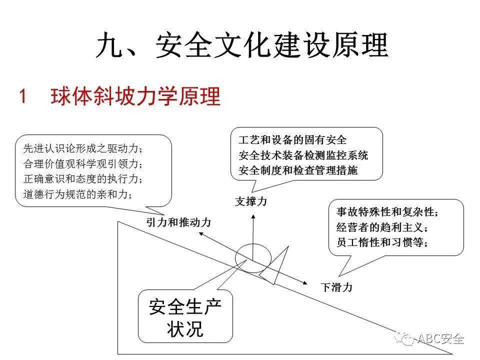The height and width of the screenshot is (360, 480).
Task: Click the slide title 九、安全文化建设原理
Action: click(242, 45)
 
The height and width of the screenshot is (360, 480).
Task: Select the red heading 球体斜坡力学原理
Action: click(135, 96)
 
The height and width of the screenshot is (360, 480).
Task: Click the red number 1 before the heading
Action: click(22, 96)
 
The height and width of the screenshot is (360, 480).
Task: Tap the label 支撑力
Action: click(251, 201)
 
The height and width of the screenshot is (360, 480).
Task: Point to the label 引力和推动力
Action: click(179, 222)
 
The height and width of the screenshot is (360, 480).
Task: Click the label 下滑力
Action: click(336, 287)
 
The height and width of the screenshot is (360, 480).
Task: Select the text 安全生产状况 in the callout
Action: click(185, 318)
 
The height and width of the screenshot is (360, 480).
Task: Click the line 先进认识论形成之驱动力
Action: click(83, 149)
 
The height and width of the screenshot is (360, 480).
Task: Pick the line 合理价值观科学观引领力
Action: click(83, 164)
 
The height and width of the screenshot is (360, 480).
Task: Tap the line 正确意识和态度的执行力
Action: click(83, 179)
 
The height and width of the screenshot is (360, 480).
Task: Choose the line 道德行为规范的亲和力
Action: click(78, 194)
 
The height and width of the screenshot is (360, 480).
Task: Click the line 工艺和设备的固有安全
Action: click(292, 140)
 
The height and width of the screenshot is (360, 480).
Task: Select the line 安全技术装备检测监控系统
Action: click(303, 155)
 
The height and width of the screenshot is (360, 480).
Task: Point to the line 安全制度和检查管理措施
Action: click(298, 170)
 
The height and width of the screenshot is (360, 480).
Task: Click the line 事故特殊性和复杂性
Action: click(387, 212)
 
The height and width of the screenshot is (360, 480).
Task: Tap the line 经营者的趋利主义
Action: click(382, 227)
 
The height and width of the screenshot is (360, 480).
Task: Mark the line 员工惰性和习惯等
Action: click(382, 242)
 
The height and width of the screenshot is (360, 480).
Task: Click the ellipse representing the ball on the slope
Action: click(253, 244)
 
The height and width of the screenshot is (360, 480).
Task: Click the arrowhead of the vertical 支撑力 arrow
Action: click(253, 216)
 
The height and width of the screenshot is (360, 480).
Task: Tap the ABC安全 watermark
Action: click(430, 338)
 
